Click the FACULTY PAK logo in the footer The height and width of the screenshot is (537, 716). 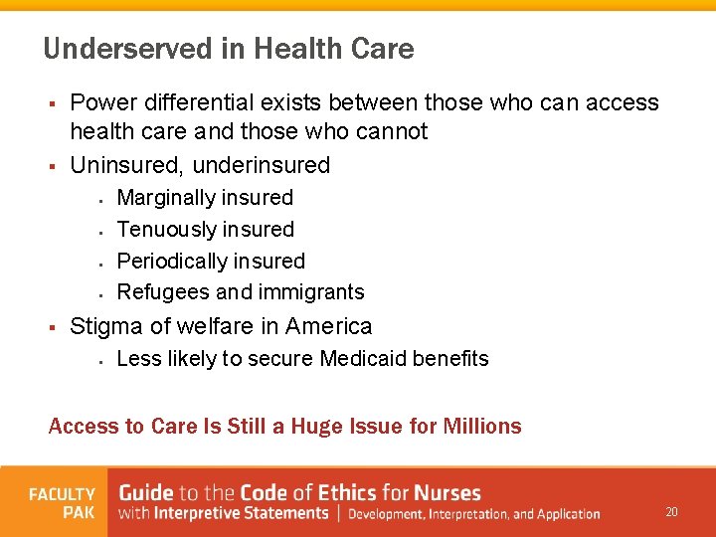(x=62, y=503)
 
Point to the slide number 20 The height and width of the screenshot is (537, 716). (x=671, y=512)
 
